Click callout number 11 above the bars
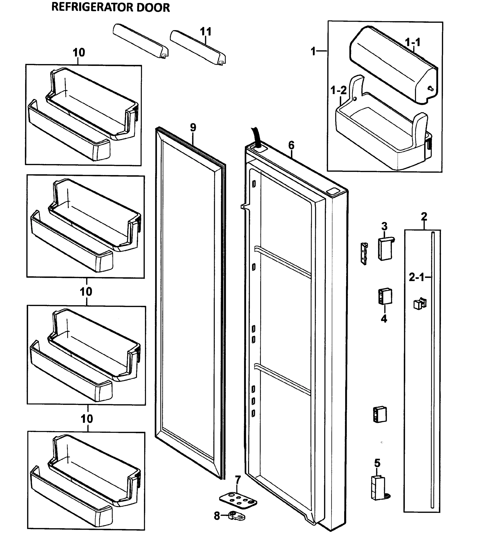(206, 32)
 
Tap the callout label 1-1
(412, 42)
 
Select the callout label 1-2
(338, 91)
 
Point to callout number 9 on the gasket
(193, 128)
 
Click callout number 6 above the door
(291, 145)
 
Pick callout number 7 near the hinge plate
(238, 479)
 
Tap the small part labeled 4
(385, 296)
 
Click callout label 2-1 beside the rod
(417, 277)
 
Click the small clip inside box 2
(420, 304)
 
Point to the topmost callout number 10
(79, 53)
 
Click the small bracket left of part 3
(364, 254)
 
